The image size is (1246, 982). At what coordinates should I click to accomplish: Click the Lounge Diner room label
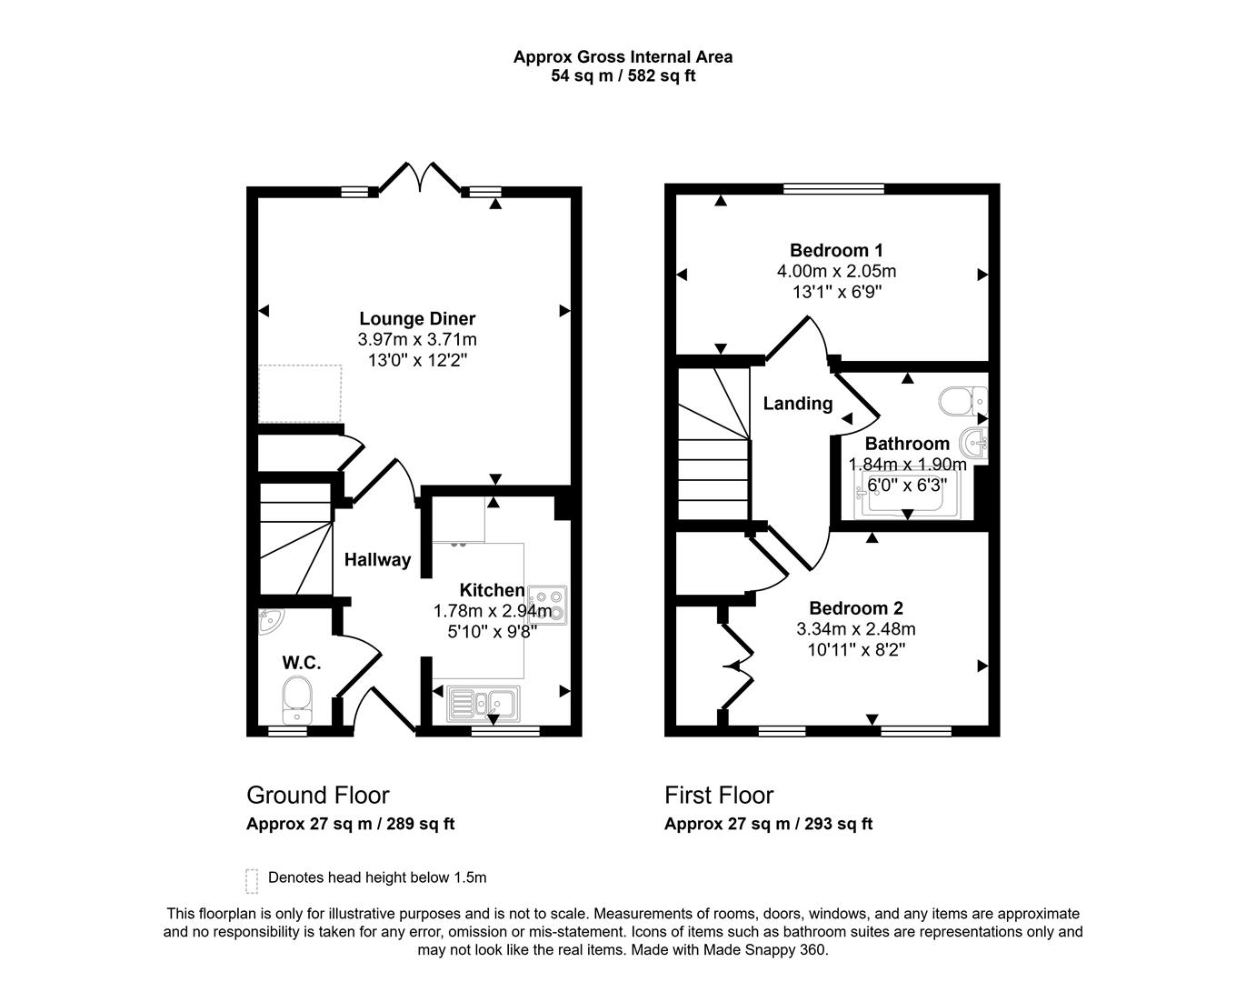click(417, 318)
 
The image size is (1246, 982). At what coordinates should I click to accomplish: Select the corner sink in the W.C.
click(270, 621)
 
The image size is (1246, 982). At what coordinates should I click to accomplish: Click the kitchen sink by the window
click(483, 703)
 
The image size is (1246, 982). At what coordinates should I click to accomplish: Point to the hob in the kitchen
click(548, 605)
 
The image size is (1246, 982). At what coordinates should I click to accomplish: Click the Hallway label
click(377, 560)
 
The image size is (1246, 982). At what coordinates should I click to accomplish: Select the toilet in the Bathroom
click(962, 399)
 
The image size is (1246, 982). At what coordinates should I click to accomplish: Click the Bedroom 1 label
click(836, 250)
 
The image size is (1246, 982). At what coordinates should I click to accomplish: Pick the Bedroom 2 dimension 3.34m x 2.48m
click(855, 629)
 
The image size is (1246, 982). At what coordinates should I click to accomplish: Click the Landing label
click(797, 404)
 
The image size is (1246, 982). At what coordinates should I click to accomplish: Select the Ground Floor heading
click(317, 795)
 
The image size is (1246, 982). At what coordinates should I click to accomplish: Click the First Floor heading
click(719, 795)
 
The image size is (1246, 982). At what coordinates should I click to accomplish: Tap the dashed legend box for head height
click(252, 880)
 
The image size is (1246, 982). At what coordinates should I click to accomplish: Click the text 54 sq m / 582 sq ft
click(623, 76)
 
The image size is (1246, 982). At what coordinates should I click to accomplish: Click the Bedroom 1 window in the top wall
click(833, 189)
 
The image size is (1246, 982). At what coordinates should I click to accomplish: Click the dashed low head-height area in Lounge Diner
click(300, 394)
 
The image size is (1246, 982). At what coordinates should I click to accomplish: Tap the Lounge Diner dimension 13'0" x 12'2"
click(417, 360)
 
